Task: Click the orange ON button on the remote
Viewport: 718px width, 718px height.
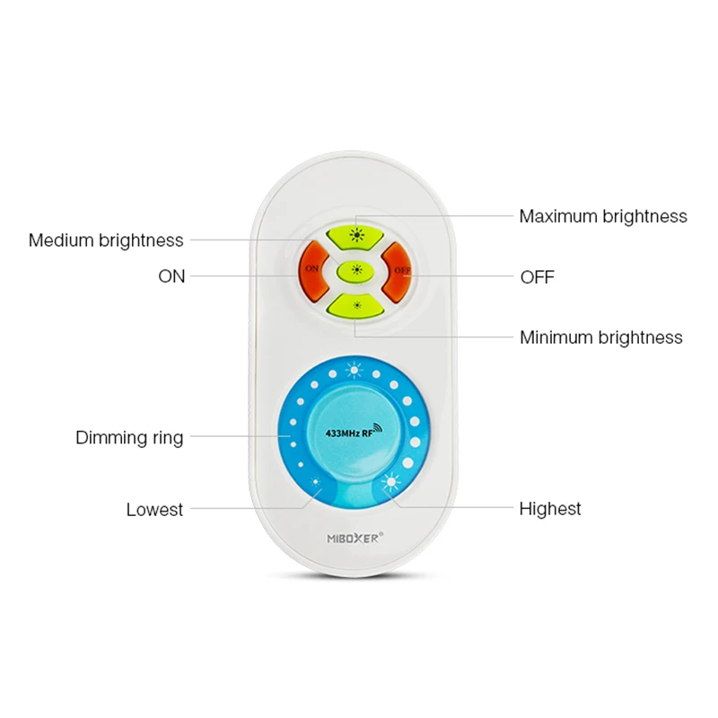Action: [311, 267]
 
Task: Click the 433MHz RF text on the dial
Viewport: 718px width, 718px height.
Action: [341, 433]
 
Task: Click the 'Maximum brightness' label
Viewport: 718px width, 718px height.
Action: [603, 216]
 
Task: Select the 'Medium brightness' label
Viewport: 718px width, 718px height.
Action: [106, 241]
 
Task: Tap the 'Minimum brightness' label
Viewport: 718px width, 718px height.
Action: [601, 337]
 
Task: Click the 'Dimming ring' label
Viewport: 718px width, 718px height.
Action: [129, 438]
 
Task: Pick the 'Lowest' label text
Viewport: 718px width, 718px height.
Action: [154, 510]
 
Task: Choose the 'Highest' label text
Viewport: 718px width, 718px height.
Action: [550, 509]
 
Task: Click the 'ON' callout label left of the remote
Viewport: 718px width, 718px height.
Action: [171, 276]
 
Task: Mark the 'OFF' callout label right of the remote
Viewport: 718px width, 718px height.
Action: [538, 276]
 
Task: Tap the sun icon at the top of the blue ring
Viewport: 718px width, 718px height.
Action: [355, 369]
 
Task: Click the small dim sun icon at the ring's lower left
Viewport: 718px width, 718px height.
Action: [316, 485]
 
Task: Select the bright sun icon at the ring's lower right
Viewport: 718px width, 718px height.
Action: [391, 484]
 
